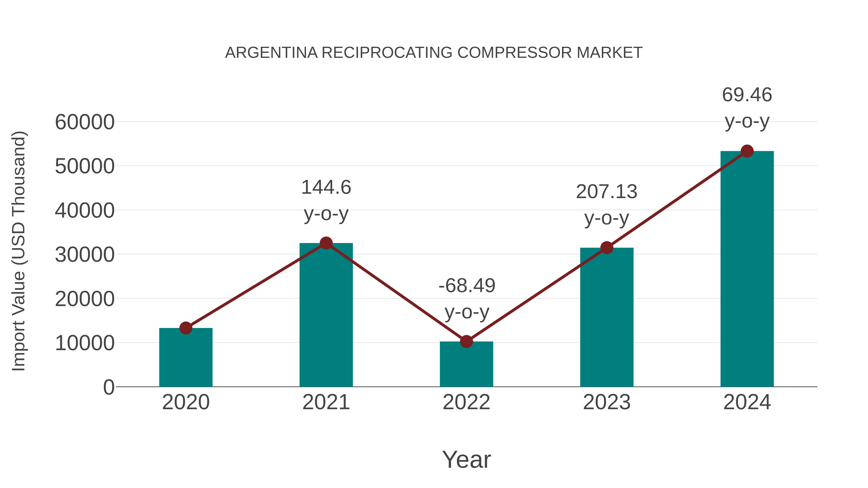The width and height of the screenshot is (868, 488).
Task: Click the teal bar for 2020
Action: [x=186, y=357]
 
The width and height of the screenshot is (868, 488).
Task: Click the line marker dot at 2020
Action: [x=186, y=328]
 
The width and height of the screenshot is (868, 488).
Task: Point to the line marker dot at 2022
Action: [x=466, y=341]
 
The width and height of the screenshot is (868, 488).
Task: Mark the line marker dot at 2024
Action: [x=747, y=151]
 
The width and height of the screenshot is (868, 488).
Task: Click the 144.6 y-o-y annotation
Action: [x=326, y=201]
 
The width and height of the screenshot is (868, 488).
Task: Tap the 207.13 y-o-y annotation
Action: [x=607, y=205]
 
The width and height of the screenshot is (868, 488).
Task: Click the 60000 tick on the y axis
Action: [x=85, y=122]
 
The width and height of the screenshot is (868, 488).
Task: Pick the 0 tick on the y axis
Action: [x=108, y=387]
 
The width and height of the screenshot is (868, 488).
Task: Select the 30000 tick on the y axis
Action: [x=85, y=255]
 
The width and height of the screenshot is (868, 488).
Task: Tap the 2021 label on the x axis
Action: [x=326, y=402]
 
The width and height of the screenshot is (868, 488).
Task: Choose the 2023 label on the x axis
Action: [x=607, y=402]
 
